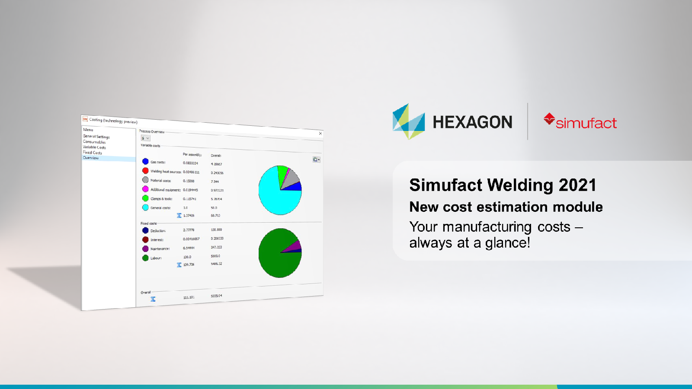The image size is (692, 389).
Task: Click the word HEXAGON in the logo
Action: (472, 122)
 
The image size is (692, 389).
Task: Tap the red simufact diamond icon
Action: (549, 119)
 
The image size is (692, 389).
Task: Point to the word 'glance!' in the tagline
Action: (507, 243)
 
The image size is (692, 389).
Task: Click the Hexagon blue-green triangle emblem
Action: (408, 121)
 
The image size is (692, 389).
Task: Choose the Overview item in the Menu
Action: (91, 158)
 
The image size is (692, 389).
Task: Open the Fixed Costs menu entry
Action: (93, 153)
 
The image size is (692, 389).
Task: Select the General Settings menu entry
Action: (96, 137)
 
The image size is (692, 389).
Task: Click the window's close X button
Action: (320, 134)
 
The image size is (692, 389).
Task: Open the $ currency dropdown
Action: (145, 138)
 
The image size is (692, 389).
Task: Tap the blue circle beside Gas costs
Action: (145, 162)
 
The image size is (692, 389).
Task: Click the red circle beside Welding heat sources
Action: (145, 171)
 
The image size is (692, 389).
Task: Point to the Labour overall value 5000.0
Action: (215, 256)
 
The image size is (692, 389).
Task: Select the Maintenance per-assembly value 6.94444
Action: (189, 248)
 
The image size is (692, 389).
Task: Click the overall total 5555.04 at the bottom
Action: (216, 296)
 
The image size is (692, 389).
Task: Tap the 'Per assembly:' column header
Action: (192, 155)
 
